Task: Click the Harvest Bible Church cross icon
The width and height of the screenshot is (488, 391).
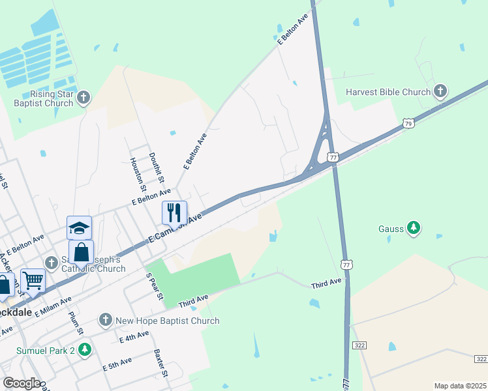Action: (x=440, y=92)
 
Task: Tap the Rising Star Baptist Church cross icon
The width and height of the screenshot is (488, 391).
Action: (x=83, y=98)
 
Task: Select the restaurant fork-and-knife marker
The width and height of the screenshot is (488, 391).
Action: (x=174, y=212)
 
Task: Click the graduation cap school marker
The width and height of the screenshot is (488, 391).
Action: (x=79, y=228)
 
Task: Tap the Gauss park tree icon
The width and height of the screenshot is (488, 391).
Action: (x=413, y=228)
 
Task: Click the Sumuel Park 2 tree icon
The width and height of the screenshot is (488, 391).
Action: (x=84, y=350)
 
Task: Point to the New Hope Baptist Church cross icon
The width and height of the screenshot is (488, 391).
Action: (x=106, y=320)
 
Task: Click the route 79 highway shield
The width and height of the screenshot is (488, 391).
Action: (x=408, y=123)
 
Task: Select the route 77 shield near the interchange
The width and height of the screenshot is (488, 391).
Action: (x=333, y=157)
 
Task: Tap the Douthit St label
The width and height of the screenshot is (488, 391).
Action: (x=157, y=166)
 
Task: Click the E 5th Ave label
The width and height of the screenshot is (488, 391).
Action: (x=117, y=364)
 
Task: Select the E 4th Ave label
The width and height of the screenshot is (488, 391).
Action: (x=134, y=337)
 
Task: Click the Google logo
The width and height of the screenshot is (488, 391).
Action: (x=21, y=383)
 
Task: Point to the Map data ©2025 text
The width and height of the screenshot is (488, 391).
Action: (x=460, y=386)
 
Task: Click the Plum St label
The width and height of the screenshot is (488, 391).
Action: (x=76, y=322)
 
